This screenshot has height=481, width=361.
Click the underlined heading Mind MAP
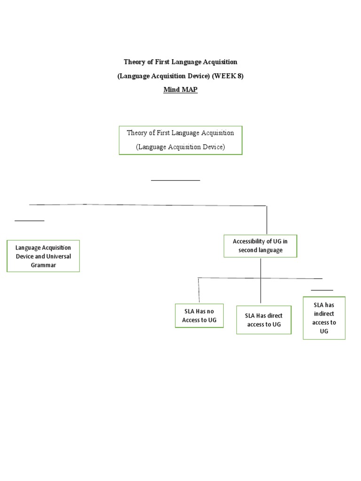(180, 90)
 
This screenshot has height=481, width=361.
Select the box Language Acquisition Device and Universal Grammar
(43, 256)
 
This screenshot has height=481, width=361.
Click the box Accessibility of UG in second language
(260, 246)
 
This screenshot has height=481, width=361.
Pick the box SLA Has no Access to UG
(199, 315)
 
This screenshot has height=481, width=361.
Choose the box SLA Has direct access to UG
(264, 320)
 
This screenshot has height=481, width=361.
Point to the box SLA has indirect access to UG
(324, 318)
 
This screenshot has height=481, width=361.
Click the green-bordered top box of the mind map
(180, 140)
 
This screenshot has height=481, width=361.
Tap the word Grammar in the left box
(43, 265)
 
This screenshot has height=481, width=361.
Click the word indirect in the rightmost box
(324, 314)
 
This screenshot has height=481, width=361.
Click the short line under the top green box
(175, 180)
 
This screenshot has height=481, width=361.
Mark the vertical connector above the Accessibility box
(267, 220)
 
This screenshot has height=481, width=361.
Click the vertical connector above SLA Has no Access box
(199, 290)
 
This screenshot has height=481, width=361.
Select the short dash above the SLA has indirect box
(322, 290)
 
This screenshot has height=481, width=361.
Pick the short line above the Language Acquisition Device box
(30, 220)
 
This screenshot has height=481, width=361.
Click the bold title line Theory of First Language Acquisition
(180, 62)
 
